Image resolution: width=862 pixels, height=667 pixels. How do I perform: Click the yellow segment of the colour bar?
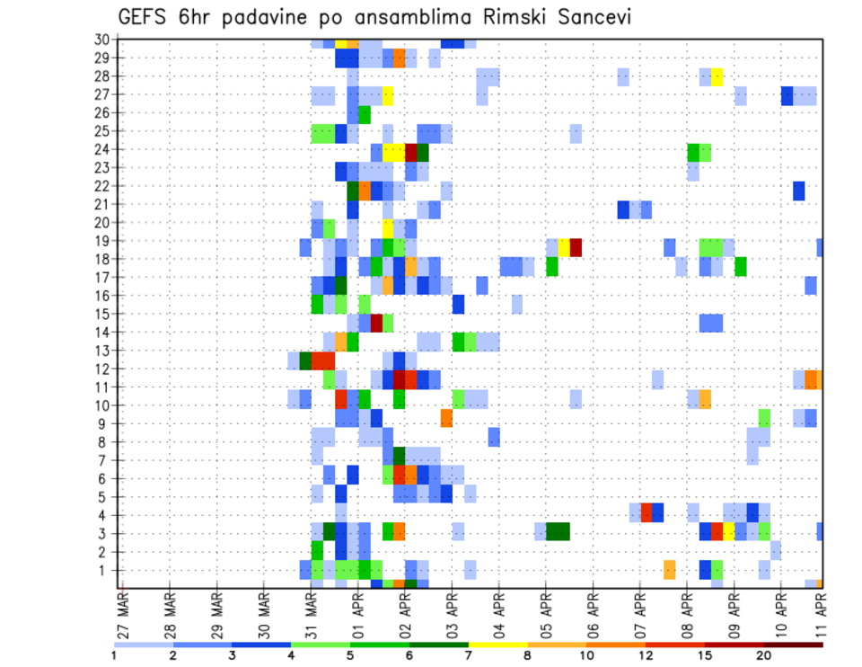(498, 645)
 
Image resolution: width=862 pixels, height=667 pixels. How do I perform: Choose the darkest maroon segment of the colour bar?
(794, 645)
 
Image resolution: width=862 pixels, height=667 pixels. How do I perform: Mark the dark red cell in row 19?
(576, 246)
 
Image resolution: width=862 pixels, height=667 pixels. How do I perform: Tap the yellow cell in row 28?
(717, 76)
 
